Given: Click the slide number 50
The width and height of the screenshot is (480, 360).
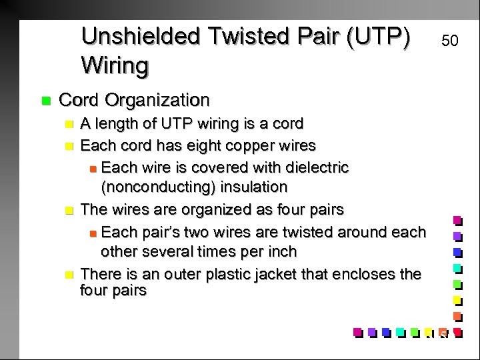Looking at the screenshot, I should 450,41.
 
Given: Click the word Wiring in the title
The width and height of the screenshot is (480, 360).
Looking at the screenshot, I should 115,65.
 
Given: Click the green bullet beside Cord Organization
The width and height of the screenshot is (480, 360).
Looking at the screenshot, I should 46,101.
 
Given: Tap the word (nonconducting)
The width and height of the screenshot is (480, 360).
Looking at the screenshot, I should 158,187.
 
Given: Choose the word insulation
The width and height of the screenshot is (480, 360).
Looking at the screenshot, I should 254,187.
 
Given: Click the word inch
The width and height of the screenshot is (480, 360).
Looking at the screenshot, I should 283,253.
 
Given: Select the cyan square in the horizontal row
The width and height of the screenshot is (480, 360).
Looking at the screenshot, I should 399,331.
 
